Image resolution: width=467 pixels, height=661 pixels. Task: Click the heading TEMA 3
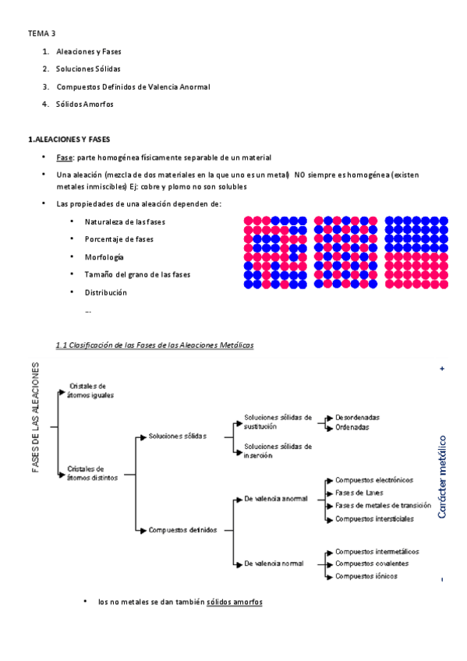(x=42, y=34)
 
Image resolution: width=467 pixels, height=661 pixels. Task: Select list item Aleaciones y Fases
(x=89, y=51)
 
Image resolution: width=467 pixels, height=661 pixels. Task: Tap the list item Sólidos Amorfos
(x=85, y=104)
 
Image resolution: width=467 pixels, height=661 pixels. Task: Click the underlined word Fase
(x=65, y=157)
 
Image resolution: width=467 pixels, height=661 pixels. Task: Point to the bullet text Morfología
(x=104, y=256)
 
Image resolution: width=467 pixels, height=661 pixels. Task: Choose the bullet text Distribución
(x=106, y=292)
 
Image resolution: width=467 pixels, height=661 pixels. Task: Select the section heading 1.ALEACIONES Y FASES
(x=69, y=140)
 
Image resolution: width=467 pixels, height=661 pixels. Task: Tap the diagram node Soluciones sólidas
(x=178, y=436)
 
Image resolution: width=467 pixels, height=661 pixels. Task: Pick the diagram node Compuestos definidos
(x=182, y=530)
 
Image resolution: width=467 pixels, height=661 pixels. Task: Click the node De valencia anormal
(x=275, y=498)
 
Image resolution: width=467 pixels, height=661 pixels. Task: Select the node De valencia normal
(x=273, y=562)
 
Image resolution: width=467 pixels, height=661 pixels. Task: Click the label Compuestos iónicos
(x=366, y=576)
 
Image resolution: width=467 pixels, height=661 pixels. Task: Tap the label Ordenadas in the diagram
(x=352, y=427)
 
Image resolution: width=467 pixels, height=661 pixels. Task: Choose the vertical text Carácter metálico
(x=442, y=477)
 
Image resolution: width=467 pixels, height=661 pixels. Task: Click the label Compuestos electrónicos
(x=374, y=480)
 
